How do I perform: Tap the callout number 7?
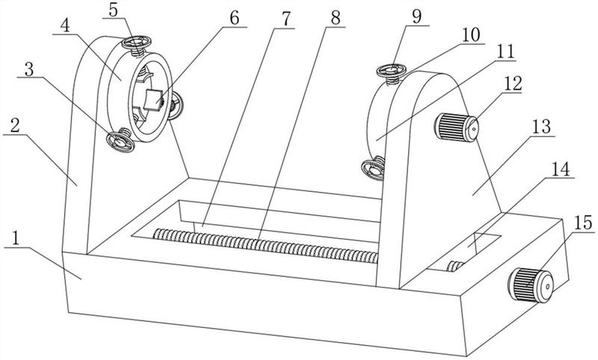coord(286,16)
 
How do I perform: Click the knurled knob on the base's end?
coord(531,283)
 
